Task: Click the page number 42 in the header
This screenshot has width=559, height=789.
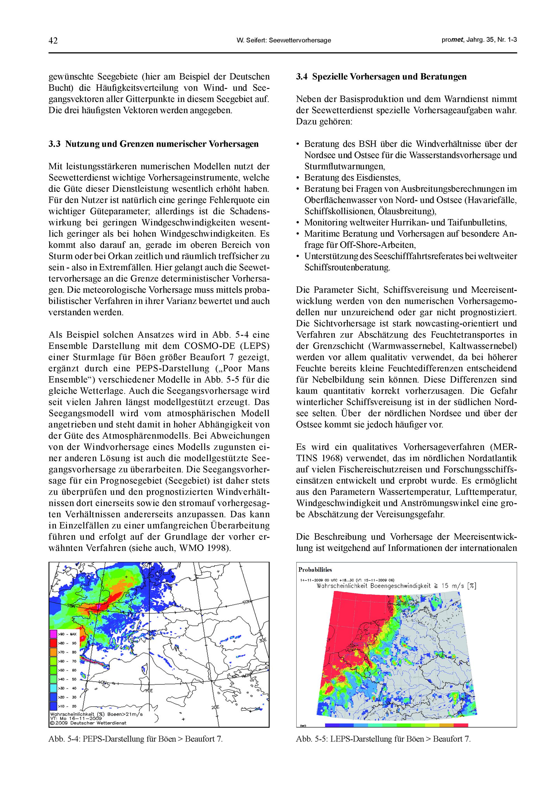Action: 53,40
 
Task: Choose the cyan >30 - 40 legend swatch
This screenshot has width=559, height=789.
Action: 54,688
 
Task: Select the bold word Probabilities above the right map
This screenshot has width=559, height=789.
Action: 315,569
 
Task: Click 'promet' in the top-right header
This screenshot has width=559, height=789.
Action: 452,40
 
